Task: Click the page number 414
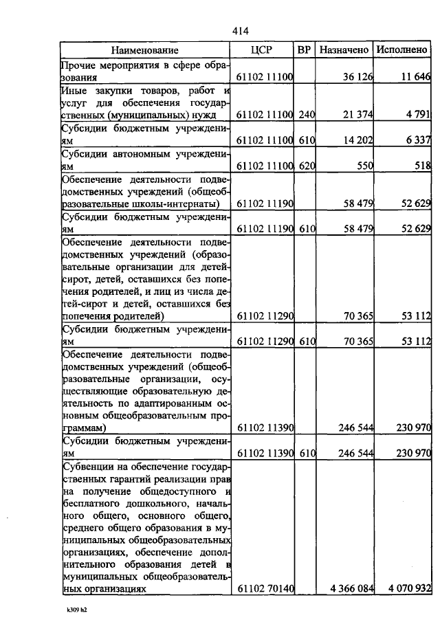click(x=240, y=31)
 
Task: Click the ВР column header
click(x=305, y=50)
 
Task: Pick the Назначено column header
click(x=344, y=50)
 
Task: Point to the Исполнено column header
click(x=403, y=50)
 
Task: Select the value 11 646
click(x=415, y=78)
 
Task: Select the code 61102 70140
click(x=265, y=589)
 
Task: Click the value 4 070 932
click(x=409, y=589)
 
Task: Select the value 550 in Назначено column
click(x=364, y=166)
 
